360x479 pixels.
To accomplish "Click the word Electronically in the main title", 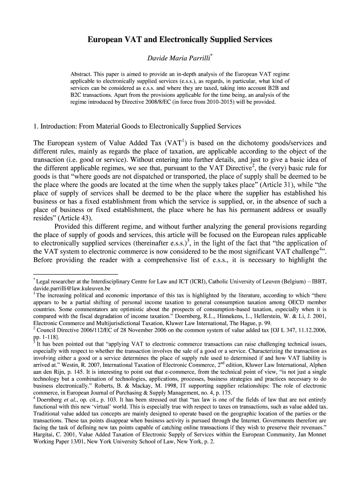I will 181,41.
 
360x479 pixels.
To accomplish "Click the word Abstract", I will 81,74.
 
